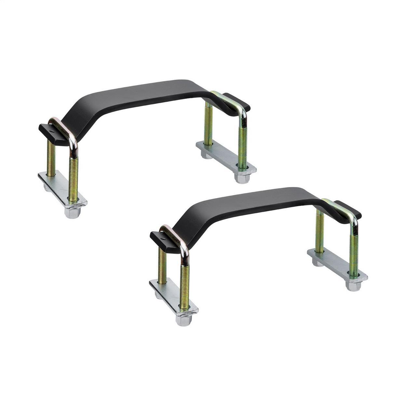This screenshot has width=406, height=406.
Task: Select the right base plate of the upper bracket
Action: coord(224,156)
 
